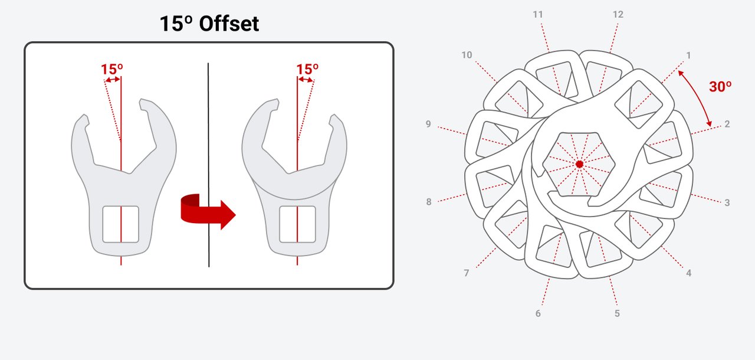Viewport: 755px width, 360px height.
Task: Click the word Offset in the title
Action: (229, 24)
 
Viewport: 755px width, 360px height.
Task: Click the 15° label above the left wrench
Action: (112, 70)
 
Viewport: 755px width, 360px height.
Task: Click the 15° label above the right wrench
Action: (307, 70)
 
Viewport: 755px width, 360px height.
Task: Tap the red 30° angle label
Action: (720, 87)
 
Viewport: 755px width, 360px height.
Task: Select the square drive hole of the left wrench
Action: (121, 224)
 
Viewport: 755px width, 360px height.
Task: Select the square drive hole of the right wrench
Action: (297, 224)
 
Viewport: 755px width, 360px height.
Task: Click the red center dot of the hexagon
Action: (579, 164)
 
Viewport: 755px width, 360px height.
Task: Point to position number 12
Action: (618, 15)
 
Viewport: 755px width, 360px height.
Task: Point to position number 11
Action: (538, 15)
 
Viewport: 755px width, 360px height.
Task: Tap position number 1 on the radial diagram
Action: (688, 55)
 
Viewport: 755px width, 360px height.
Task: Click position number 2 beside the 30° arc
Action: (727, 124)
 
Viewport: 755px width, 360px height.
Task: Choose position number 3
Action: (727, 202)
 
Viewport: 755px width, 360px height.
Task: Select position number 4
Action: (688, 273)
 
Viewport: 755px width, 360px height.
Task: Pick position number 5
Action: (617, 313)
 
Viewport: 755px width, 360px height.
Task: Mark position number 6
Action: (538, 313)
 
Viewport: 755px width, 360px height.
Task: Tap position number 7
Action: (466, 273)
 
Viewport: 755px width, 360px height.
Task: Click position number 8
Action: (428, 202)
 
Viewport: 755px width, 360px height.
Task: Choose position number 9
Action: (428, 124)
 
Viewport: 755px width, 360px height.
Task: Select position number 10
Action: (467, 55)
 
